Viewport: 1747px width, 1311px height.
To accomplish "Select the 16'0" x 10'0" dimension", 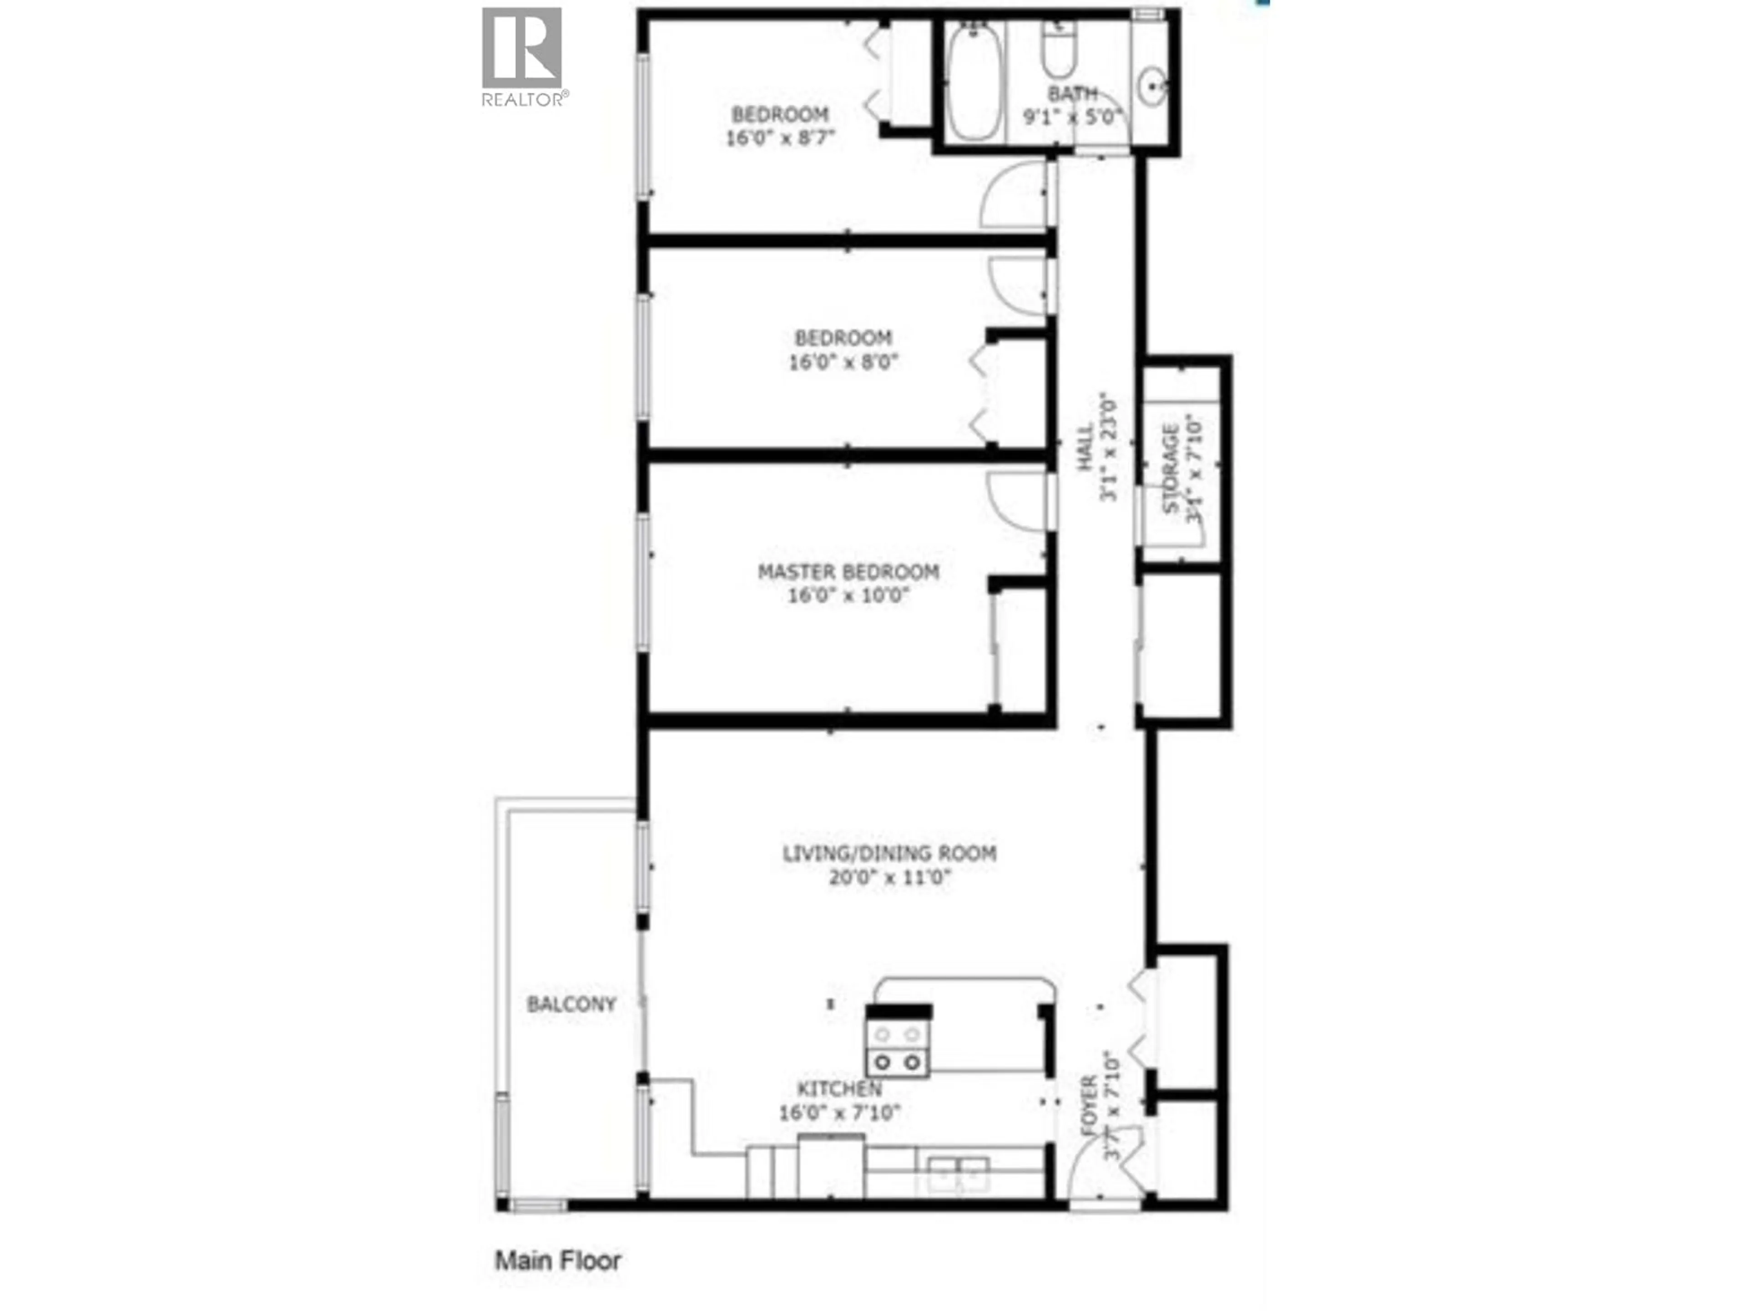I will coord(848,595).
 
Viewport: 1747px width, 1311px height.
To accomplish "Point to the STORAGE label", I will coord(1171,468).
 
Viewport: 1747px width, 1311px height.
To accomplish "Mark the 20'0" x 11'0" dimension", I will coord(890,877).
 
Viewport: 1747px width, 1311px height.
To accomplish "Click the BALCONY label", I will coord(571,1004).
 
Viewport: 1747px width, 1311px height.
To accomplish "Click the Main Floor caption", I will coord(558,1260).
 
